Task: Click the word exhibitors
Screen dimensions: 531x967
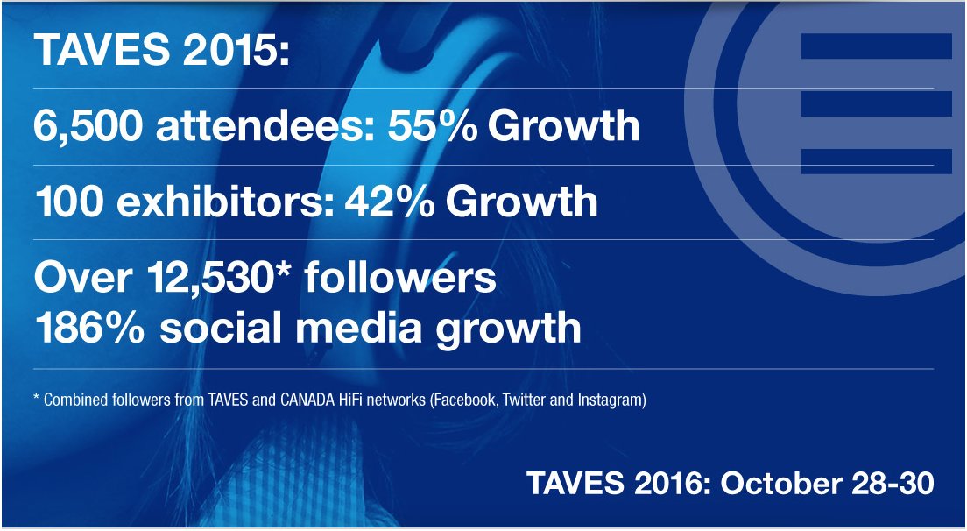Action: pos(239,202)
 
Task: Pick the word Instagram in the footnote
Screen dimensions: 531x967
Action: pos(614,400)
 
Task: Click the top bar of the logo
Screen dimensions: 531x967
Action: pos(876,46)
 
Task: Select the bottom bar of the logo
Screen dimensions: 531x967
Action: pos(876,160)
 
